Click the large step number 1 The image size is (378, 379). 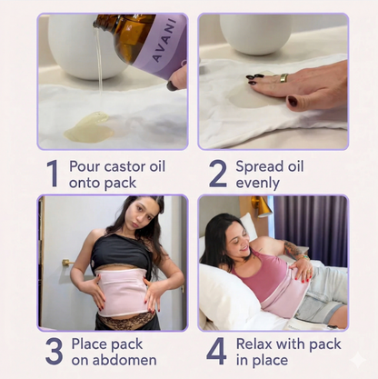[52, 174]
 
